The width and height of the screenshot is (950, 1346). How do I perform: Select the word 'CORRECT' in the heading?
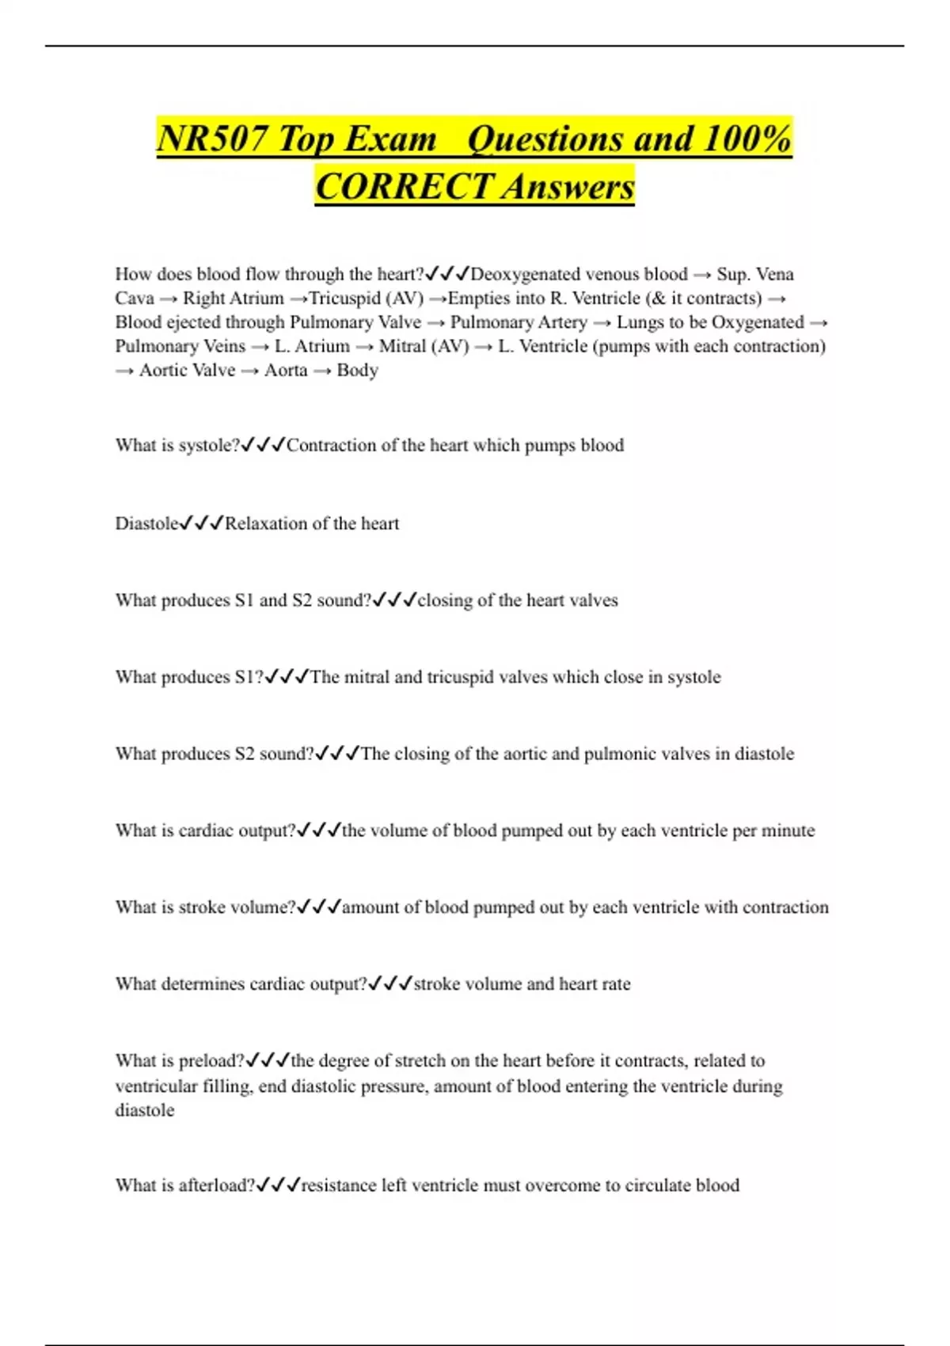tap(404, 188)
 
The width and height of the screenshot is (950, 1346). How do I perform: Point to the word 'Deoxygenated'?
tap(522, 275)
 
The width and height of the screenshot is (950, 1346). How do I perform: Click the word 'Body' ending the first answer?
tap(357, 371)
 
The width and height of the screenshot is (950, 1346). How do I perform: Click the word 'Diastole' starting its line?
tap(146, 523)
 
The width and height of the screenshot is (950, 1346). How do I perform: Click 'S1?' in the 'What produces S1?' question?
tap(249, 678)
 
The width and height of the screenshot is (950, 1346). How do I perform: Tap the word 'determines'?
tap(203, 984)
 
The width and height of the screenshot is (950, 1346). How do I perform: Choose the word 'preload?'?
tap(211, 1061)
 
